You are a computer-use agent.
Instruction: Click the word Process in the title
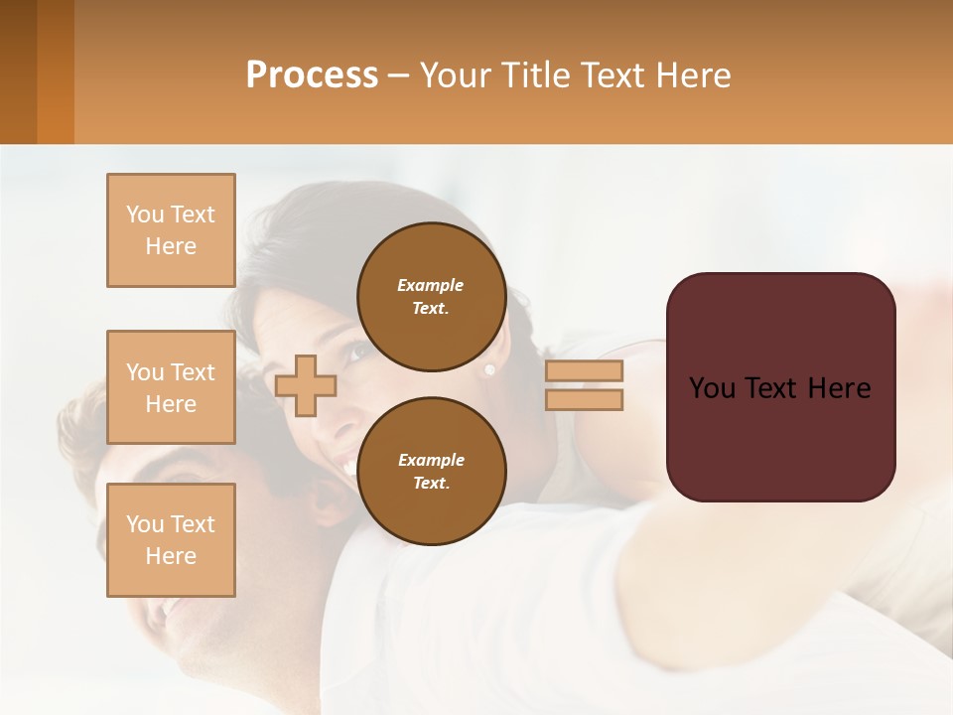click(x=312, y=74)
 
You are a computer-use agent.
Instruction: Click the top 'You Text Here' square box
click(x=171, y=230)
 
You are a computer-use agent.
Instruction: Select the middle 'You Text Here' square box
click(x=171, y=387)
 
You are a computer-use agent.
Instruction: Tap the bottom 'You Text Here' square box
click(x=171, y=539)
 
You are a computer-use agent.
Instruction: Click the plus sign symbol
click(x=306, y=385)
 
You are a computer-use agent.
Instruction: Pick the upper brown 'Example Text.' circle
click(x=431, y=296)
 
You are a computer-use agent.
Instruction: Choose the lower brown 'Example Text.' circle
click(x=431, y=471)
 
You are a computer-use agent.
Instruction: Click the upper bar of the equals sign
click(x=584, y=371)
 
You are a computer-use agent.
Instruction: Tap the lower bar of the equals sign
click(x=584, y=399)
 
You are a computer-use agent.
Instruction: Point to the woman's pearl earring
click(x=488, y=369)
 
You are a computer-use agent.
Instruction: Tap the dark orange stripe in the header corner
click(x=56, y=71)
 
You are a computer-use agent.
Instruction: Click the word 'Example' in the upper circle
click(x=431, y=285)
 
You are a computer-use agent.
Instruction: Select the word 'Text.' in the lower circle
click(x=431, y=483)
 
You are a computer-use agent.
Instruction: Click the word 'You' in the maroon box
click(x=712, y=387)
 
